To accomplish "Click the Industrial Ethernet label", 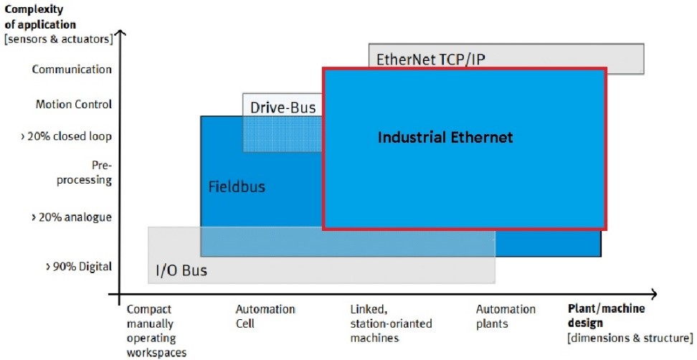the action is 445,137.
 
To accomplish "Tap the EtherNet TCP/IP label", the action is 431,60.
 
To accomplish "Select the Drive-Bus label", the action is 283,108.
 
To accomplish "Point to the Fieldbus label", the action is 237,186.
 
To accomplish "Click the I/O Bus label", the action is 181,270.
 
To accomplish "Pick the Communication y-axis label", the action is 72,70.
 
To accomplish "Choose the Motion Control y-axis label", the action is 74,105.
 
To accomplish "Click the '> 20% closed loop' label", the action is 66,136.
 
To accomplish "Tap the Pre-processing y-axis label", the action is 84,173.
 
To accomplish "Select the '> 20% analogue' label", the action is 71,217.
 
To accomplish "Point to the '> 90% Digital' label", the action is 79,267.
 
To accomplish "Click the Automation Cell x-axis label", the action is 265,316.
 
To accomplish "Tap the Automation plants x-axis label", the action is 506,316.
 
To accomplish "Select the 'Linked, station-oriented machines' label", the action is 392,323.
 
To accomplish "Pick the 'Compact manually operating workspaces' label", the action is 156,331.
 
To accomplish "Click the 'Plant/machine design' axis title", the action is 607,316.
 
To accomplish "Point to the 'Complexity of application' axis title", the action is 40,16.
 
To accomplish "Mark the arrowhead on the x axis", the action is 654,294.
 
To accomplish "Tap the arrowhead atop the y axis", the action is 120,32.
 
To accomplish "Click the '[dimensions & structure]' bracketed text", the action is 630,338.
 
